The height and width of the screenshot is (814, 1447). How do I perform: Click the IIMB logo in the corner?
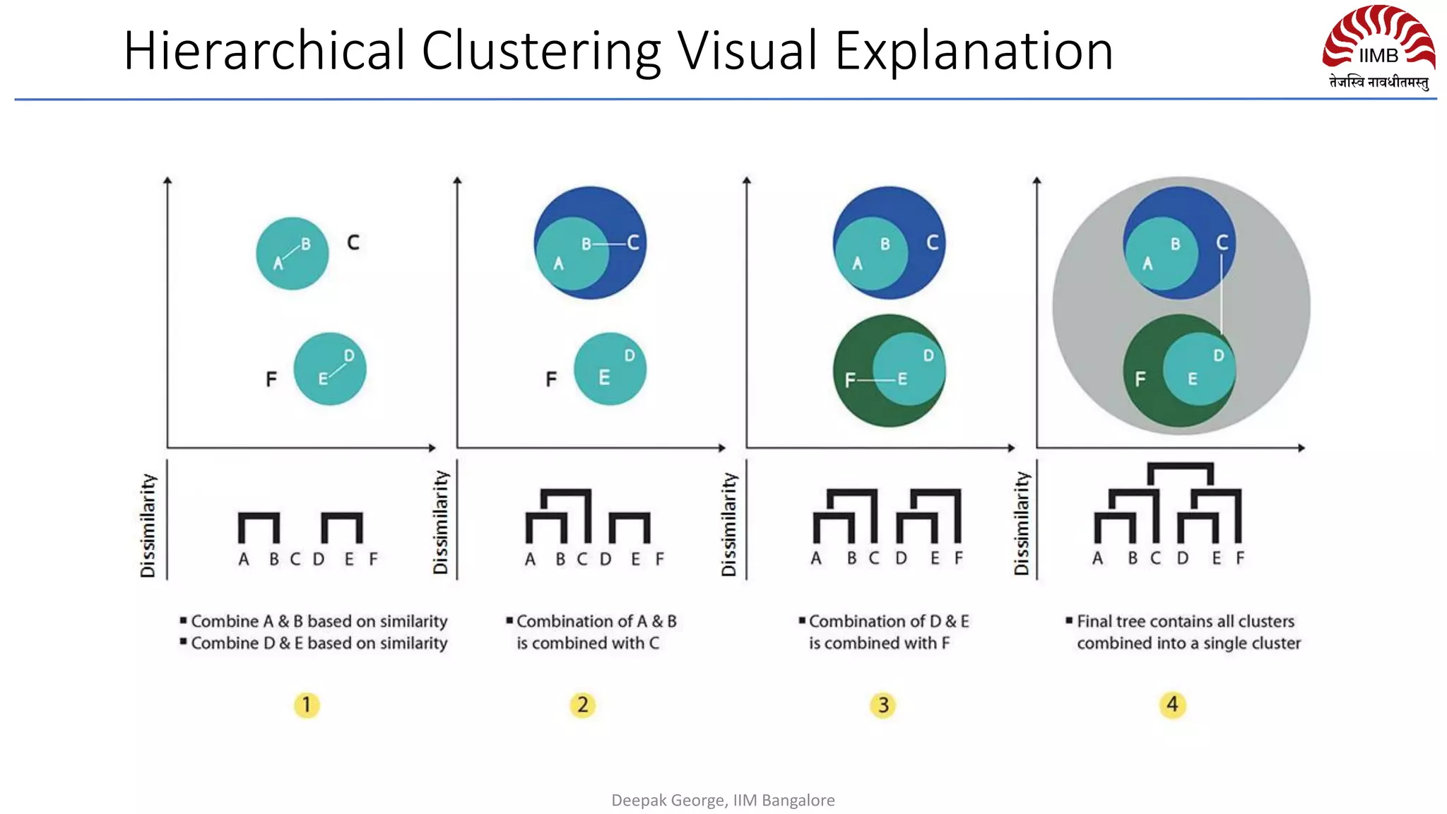[1378, 47]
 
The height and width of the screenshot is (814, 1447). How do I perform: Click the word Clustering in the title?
[541, 51]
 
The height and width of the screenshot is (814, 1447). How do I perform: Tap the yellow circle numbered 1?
[307, 704]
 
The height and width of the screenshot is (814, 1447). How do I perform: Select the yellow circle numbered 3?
[883, 704]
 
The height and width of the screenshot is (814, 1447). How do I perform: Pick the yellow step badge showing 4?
[1173, 704]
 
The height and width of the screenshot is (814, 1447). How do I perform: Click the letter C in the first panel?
[353, 243]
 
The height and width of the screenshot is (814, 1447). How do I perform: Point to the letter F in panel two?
[551, 379]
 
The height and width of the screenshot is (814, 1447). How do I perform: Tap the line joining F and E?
[876, 380]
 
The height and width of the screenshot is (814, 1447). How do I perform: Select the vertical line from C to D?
[1222, 297]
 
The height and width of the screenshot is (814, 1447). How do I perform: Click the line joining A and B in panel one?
[291, 252]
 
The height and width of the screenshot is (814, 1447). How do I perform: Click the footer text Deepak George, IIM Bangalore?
[723, 800]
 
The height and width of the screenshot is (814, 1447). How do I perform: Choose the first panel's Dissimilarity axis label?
[148, 525]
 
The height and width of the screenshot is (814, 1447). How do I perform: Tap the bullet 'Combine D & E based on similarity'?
[319, 643]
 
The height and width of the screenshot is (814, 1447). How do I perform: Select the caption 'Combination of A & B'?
[596, 621]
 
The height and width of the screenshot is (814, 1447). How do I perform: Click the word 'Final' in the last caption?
[1094, 621]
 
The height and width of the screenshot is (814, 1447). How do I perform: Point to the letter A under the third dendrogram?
[816, 558]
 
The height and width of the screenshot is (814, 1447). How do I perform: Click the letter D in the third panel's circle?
[928, 355]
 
